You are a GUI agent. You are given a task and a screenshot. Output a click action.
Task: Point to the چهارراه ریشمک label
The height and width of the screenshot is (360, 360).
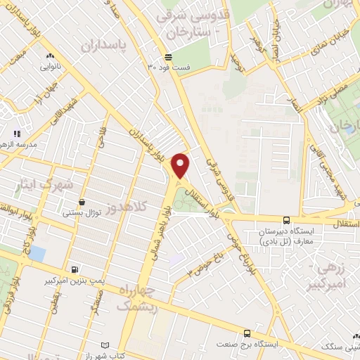(x=134, y=299)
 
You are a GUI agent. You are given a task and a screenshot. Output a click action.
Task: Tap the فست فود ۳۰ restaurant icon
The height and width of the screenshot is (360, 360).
(x=167, y=58)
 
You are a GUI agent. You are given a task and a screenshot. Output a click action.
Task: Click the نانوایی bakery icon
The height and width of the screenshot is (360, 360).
(x=49, y=56)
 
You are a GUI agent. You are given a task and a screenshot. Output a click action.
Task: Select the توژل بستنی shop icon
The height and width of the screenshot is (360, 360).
(x=82, y=202)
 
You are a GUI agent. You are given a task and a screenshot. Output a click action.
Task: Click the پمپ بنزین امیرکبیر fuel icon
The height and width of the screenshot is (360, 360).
(x=75, y=269)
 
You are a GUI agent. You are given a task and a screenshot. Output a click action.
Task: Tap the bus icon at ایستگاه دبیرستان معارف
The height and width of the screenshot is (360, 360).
(x=286, y=221)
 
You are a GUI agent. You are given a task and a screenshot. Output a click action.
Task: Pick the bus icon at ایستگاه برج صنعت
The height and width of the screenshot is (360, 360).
(x=247, y=333)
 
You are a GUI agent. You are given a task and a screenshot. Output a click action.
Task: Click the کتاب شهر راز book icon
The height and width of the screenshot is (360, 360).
(x=105, y=346)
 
